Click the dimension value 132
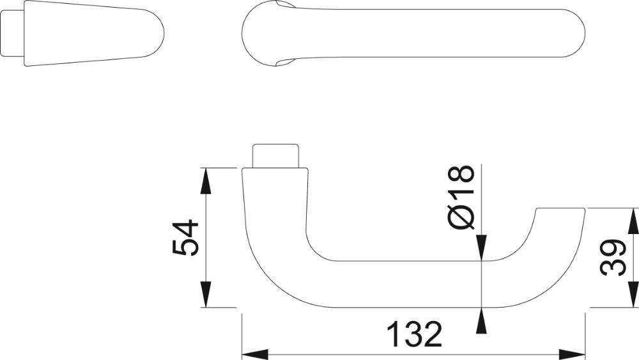(x=413, y=334)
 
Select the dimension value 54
(x=185, y=238)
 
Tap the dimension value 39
(x=613, y=258)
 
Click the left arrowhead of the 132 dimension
(x=255, y=354)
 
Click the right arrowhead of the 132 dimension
(x=572, y=354)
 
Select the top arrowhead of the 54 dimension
(x=206, y=181)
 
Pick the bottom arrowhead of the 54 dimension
(x=206, y=294)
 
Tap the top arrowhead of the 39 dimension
(x=634, y=221)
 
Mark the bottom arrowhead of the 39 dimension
(x=634, y=294)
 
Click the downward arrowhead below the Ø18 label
(x=481, y=247)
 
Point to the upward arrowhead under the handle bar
(x=481, y=321)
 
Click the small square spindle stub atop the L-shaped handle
(x=275, y=155)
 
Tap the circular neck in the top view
(x=268, y=33)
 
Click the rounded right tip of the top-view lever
(x=574, y=33)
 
